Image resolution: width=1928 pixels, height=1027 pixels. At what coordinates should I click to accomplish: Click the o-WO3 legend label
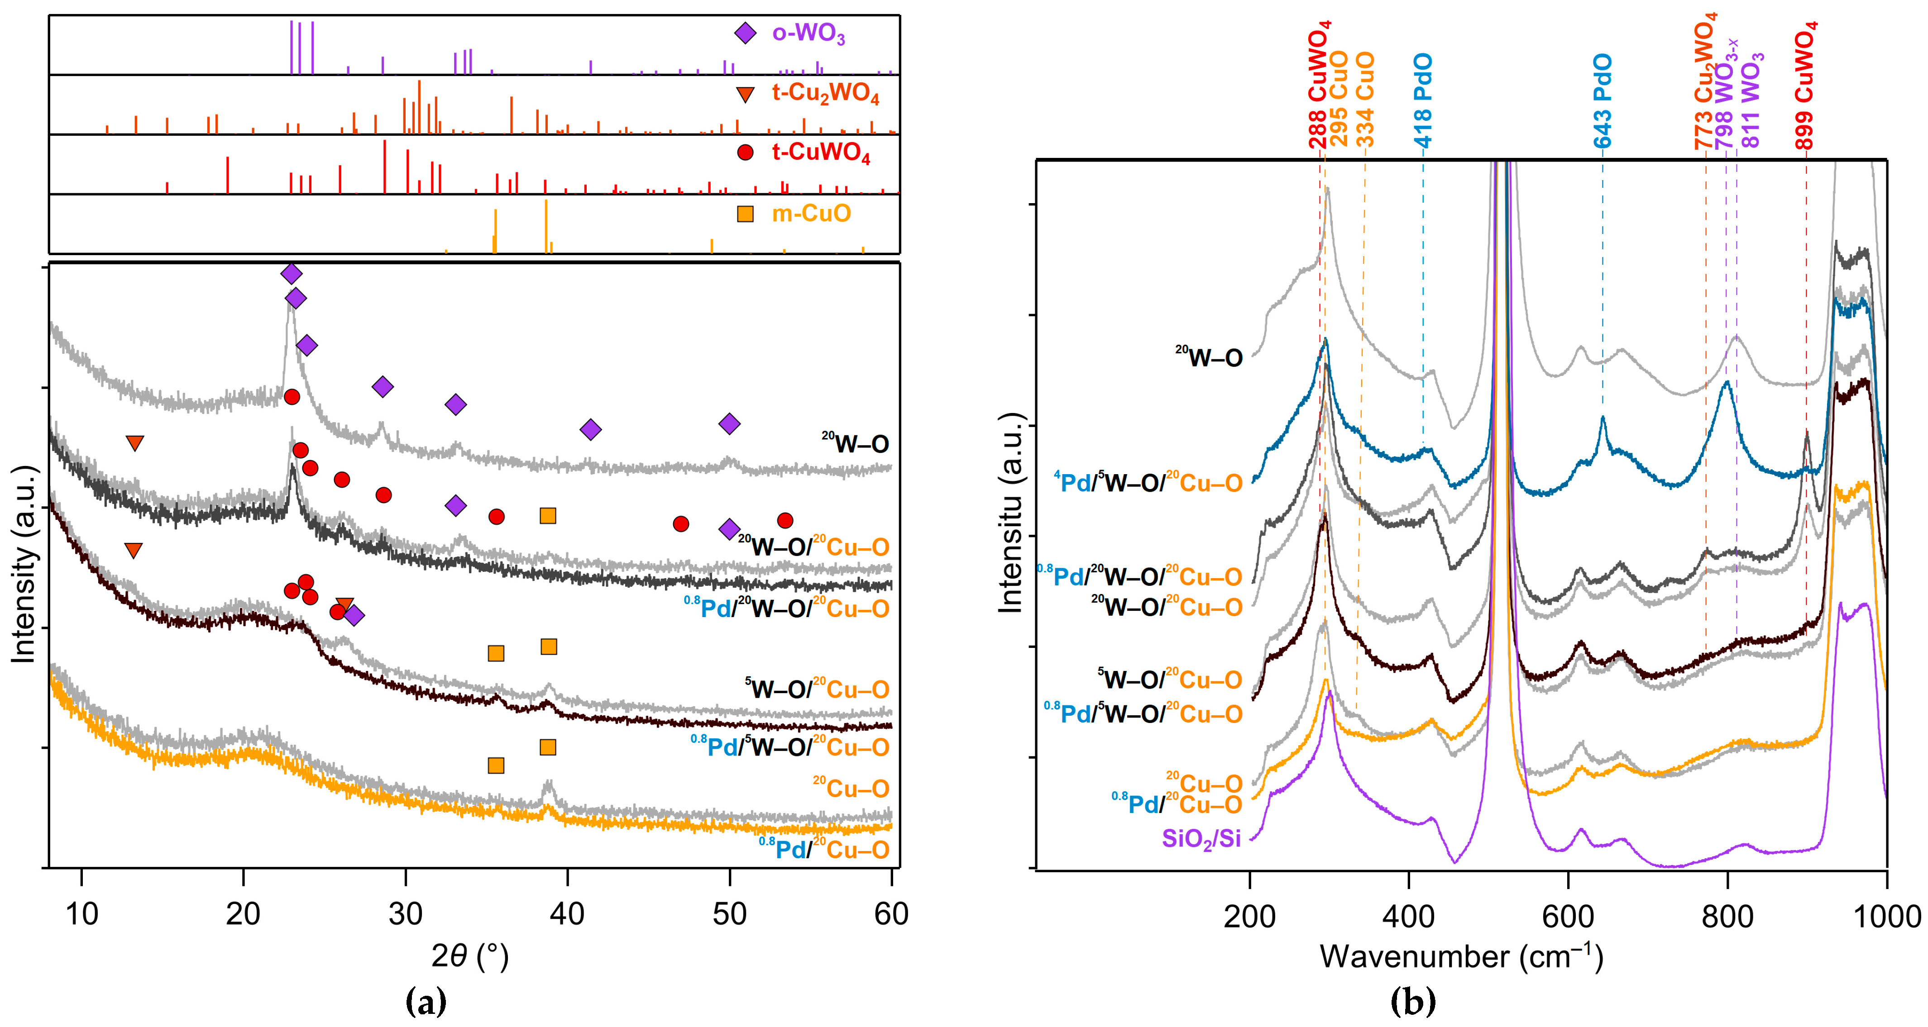pos(809,33)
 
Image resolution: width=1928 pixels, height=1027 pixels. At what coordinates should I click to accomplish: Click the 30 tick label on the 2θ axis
pos(405,913)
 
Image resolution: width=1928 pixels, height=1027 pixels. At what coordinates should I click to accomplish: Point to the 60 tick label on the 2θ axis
pos(890,913)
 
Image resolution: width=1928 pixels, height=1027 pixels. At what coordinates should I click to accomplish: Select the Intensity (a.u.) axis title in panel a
pos(24,565)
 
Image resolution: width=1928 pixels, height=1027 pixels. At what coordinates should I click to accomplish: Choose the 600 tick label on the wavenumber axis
pos(1568,916)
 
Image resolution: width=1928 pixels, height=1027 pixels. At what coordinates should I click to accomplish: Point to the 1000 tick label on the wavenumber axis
pos(1886,916)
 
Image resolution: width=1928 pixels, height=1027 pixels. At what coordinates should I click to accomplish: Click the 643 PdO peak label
pos(1602,101)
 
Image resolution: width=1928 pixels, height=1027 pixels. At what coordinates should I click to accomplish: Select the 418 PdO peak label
pos(1422,101)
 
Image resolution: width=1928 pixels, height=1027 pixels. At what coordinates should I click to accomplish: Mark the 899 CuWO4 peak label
pos(1804,86)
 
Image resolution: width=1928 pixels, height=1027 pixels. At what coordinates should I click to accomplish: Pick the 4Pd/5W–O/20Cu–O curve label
pos(1148,482)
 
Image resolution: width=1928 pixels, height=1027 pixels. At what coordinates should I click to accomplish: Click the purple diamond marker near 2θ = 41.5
pos(590,429)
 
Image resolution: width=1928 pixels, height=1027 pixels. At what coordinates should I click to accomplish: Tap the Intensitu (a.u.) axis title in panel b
pos(1010,513)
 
